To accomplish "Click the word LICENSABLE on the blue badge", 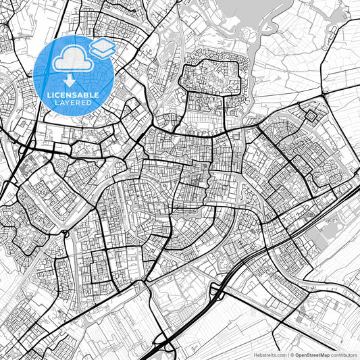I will (73, 95).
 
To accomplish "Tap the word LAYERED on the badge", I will (73, 103).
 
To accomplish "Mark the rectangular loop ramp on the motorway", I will (216, 290).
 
